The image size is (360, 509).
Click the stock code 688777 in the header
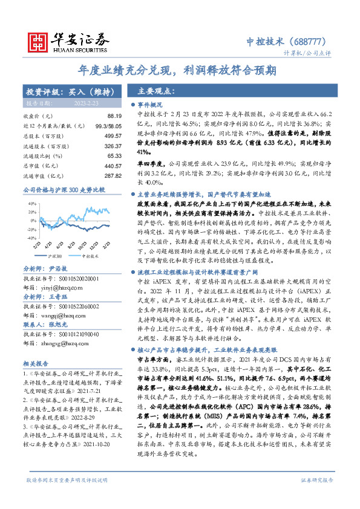pyautogui.click(x=313, y=41)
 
